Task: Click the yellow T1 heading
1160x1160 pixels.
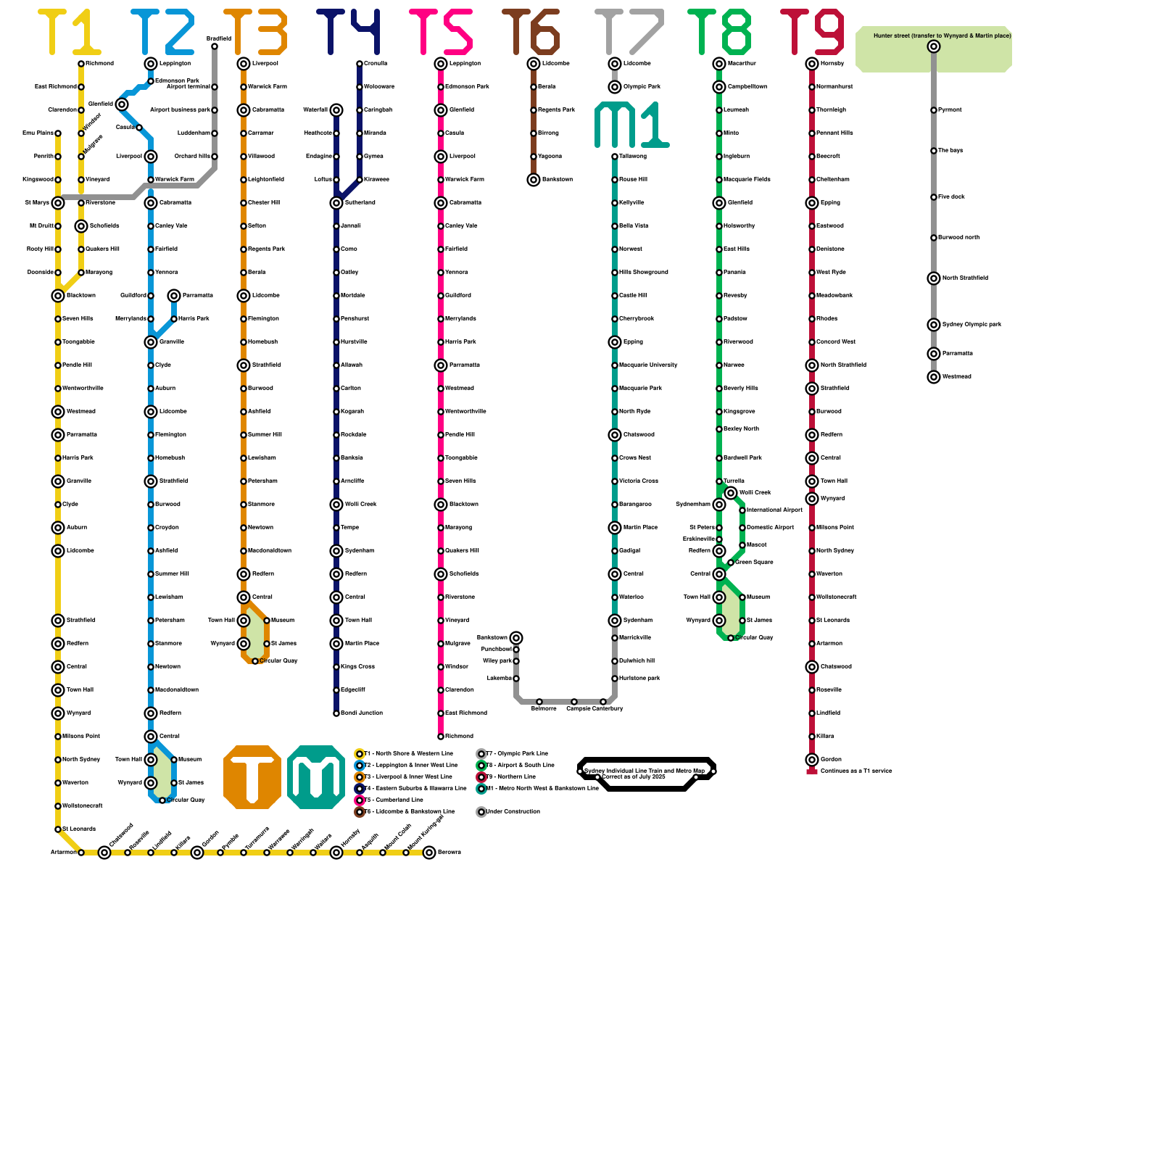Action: click(69, 33)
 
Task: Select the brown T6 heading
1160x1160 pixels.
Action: click(531, 33)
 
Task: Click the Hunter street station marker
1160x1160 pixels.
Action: click(934, 46)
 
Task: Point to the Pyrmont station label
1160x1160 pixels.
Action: click(950, 110)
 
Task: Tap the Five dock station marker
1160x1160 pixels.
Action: click(934, 197)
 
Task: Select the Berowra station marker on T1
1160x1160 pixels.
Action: click(429, 853)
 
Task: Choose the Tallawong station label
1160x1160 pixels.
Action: click(633, 157)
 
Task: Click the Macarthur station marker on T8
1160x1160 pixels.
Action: click(719, 64)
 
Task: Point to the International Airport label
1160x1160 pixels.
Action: click(774, 510)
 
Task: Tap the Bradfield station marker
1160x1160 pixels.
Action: click(215, 46)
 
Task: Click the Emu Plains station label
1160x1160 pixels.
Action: click(38, 133)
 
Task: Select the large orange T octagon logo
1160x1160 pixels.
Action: click(252, 776)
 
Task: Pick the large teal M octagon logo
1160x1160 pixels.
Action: click(316, 776)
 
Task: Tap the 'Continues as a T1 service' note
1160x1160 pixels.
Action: click(855, 771)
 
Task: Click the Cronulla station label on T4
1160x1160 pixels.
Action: click(376, 64)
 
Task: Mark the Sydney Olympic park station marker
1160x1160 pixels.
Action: click(934, 325)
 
